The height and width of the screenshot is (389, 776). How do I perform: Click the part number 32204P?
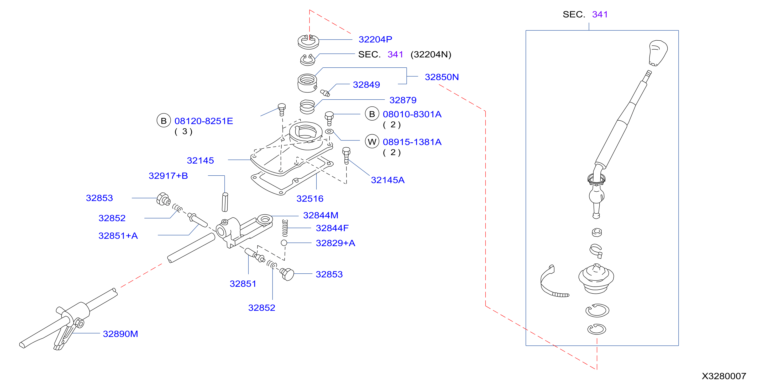[x=375, y=39]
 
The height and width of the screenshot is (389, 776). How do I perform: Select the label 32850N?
[x=442, y=77]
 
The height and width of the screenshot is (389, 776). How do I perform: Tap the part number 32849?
[x=366, y=85]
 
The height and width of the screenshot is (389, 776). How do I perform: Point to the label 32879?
[x=403, y=100]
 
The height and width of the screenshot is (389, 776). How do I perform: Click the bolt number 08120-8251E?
[x=204, y=121]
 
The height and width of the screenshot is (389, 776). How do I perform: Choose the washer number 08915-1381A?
[x=412, y=142]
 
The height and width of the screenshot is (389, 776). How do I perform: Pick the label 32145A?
[x=387, y=180]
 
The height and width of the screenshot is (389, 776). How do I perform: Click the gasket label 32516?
[x=310, y=198]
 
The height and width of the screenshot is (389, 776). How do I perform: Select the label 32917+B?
[x=168, y=176]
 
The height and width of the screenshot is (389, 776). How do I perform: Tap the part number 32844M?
[x=321, y=215]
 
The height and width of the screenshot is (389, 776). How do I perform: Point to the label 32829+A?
[x=335, y=243]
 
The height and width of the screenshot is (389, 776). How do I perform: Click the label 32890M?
[x=120, y=334]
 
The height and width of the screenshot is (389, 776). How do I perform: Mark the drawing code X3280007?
[x=724, y=376]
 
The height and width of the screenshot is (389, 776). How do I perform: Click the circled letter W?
[x=372, y=142]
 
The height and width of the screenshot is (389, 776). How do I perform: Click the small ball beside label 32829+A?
[x=284, y=243]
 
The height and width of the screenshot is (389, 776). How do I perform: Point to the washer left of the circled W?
[x=329, y=132]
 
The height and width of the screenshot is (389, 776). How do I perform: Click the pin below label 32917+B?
[x=225, y=202]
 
